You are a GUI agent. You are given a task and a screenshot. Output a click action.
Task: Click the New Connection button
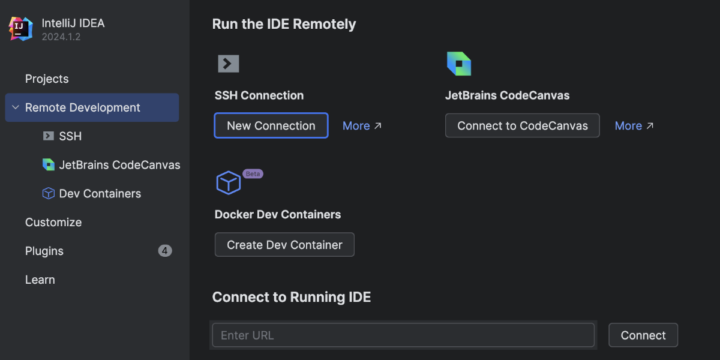tap(271, 125)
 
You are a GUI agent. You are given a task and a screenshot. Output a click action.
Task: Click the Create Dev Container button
tap(284, 245)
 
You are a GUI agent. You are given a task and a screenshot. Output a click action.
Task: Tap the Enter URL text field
tap(403, 335)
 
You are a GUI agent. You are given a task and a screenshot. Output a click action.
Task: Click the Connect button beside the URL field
tap(643, 335)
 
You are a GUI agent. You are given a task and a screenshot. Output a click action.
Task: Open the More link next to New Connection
tap(362, 125)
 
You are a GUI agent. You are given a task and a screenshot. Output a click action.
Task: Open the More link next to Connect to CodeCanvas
tap(634, 125)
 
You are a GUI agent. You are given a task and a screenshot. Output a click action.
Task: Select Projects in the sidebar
tap(47, 79)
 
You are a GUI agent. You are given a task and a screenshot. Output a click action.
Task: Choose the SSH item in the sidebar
tap(70, 136)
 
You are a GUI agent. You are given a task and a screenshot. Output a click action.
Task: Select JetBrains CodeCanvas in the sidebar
tap(119, 165)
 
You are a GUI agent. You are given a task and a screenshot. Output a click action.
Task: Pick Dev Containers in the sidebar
tap(100, 193)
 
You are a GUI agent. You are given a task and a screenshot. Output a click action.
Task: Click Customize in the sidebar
tap(53, 222)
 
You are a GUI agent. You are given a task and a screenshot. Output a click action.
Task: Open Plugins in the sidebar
tap(44, 251)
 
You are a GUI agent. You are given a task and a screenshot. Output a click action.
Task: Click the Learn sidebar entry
tap(40, 280)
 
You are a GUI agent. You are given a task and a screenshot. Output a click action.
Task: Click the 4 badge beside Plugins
tap(165, 251)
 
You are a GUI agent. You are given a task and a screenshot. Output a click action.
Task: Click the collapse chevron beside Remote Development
tap(16, 107)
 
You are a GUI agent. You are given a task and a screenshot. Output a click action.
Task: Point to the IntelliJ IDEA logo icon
tap(20, 29)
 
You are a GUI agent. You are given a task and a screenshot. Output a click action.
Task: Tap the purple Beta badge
tap(253, 173)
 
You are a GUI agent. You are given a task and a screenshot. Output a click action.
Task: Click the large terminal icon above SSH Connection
tap(229, 64)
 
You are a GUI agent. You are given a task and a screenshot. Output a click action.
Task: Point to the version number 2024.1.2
tap(61, 37)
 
